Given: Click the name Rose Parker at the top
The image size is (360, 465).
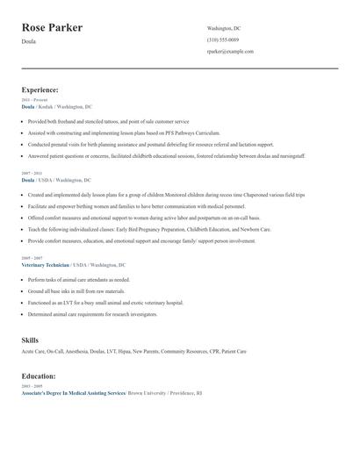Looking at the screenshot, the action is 52,28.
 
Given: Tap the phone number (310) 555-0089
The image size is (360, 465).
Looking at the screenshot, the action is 223,40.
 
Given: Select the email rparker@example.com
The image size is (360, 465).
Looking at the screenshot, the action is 230,52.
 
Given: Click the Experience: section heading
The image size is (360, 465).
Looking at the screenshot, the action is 40,89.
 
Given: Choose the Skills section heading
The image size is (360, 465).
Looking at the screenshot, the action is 30,338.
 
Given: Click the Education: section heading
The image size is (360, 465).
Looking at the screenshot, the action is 39,376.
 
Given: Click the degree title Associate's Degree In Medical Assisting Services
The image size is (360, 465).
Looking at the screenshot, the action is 74,394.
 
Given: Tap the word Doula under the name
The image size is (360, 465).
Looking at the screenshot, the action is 28,41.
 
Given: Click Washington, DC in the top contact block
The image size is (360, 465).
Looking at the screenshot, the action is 224,28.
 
